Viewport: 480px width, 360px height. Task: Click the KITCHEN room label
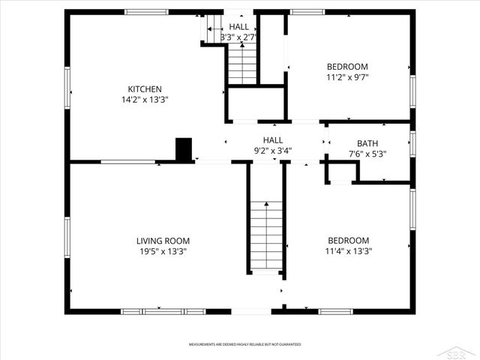pyautogui.click(x=144, y=88)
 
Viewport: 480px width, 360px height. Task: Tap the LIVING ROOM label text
pyautogui.click(x=163, y=241)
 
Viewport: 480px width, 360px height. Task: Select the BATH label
pyautogui.click(x=367, y=143)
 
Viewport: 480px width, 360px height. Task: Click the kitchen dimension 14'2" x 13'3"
pyautogui.click(x=144, y=100)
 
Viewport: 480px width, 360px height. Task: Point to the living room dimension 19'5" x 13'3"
pyautogui.click(x=163, y=252)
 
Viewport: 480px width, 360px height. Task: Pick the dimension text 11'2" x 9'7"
pyautogui.click(x=347, y=76)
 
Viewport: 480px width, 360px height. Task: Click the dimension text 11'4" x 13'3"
pyautogui.click(x=347, y=252)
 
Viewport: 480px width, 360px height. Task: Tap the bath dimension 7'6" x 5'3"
pyautogui.click(x=367, y=154)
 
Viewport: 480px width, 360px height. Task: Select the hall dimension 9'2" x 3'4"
pyautogui.click(x=272, y=150)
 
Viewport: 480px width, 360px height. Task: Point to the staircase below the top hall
pyautogui.click(x=242, y=64)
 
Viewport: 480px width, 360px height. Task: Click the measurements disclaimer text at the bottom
pyautogui.click(x=240, y=344)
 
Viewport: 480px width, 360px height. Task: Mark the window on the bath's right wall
pyautogui.click(x=412, y=144)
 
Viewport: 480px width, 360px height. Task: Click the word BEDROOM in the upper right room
pyautogui.click(x=347, y=66)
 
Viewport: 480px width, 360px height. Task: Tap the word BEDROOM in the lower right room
pyautogui.click(x=347, y=241)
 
